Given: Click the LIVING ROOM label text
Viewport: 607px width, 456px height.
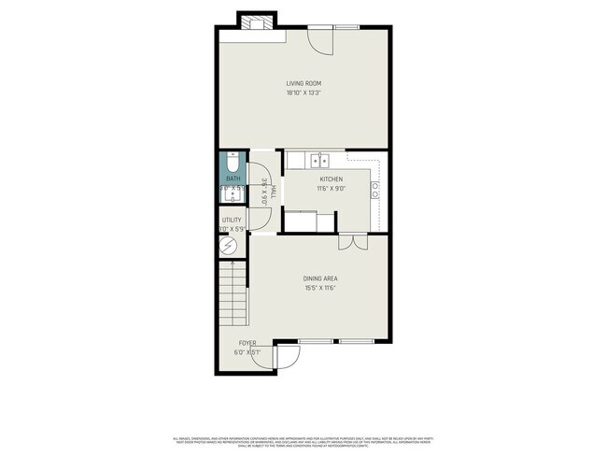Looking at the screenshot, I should (x=303, y=83).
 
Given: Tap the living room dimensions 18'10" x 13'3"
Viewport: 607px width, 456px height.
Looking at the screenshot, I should (x=303, y=93).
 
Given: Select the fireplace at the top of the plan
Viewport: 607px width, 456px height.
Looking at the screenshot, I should (x=257, y=21).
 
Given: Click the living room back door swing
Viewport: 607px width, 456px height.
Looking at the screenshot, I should (x=321, y=39).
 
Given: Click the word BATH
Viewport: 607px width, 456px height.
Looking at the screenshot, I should (x=233, y=178).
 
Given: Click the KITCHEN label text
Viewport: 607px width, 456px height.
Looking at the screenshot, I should (x=331, y=178).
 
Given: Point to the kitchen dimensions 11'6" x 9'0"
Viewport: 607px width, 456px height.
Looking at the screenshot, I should (x=331, y=188).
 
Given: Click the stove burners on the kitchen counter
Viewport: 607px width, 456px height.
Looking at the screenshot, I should (x=374, y=192).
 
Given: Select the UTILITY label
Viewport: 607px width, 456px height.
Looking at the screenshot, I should (x=231, y=220).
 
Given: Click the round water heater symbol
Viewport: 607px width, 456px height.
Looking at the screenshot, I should (x=229, y=246).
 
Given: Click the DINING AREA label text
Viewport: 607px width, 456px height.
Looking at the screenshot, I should (x=319, y=278).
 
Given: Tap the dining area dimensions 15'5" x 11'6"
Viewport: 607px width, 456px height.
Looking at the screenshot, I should (x=319, y=288).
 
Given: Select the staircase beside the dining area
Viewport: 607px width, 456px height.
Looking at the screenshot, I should (x=233, y=293).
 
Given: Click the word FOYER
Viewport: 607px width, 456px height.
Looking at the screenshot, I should (x=247, y=343).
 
